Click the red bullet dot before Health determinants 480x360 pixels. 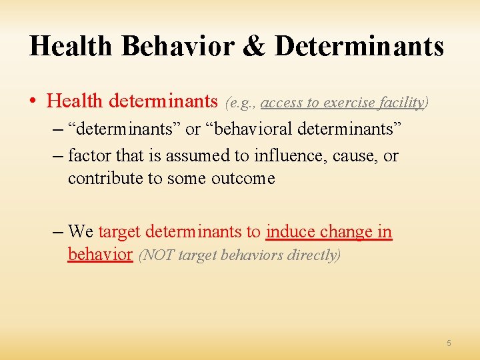(33, 101)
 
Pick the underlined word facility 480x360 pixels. (401, 103)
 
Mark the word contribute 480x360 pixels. (105, 178)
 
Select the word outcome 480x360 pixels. (243, 178)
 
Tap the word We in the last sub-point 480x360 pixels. (81, 232)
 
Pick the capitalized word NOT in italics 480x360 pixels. (157, 255)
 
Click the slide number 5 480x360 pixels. (449, 343)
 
